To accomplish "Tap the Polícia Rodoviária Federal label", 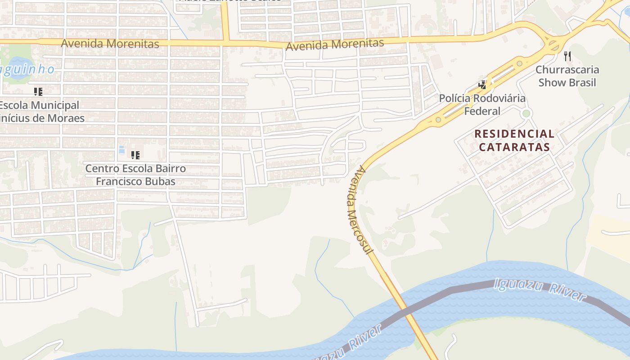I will tap(482, 104).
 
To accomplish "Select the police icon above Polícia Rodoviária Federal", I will tap(482, 85).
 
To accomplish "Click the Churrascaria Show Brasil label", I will tap(567, 76).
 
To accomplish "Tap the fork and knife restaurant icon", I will tap(567, 56).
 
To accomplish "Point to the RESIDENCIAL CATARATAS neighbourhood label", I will tap(514, 140).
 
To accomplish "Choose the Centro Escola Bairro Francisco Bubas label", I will tap(135, 175).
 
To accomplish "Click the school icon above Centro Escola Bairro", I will tap(135, 155).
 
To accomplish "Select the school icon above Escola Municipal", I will tap(38, 92).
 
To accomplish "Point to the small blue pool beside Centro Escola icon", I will tap(121, 149).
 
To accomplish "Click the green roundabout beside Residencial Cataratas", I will tap(526, 113).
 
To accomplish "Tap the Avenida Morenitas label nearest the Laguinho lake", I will tap(110, 44).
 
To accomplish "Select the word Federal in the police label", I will tap(482, 111).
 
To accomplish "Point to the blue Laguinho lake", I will tap(18, 67).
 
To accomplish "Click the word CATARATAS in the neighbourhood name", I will tap(514, 147).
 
